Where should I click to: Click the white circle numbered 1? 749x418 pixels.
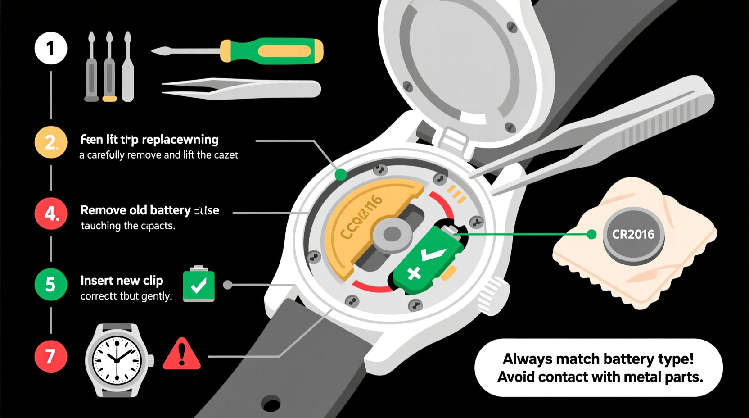point(51,48)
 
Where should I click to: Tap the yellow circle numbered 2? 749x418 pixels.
point(51,142)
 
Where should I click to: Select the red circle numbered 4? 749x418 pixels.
point(51,214)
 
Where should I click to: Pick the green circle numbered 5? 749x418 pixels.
point(51,285)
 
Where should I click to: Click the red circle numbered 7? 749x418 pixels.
point(51,356)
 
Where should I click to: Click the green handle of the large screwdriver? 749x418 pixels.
point(271,51)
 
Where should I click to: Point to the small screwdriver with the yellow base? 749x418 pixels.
point(109,68)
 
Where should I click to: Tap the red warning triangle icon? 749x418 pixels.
point(181,355)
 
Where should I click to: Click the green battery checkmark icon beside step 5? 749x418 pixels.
point(199,285)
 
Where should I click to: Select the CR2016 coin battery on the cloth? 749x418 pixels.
point(633,235)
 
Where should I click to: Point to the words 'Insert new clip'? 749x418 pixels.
point(122,281)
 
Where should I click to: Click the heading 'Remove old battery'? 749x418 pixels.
point(135,210)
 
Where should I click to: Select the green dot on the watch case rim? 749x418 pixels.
point(341,175)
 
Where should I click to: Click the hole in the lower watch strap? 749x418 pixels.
point(271,404)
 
